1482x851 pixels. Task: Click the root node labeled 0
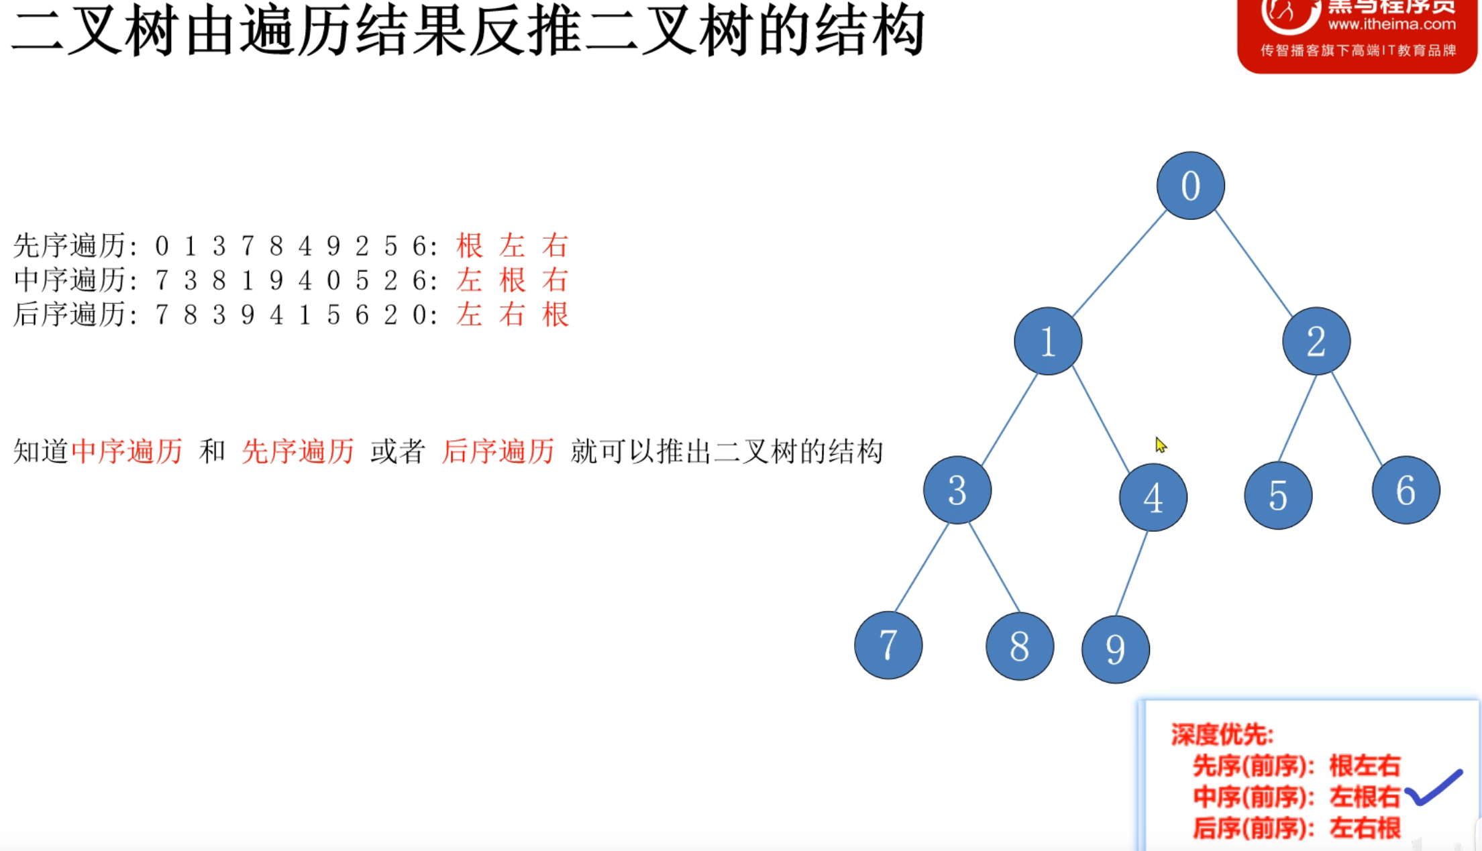(x=1190, y=186)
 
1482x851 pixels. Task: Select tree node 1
(x=1048, y=341)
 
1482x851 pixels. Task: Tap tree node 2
(x=1316, y=341)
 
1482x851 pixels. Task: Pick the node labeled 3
(x=957, y=490)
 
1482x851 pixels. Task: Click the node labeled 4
(x=1153, y=498)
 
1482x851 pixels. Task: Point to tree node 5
(x=1278, y=496)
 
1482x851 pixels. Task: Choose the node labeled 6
(x=1406, y=490)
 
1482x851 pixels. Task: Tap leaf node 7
(x=888, y=645)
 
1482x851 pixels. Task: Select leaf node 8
(x=1019, y=646)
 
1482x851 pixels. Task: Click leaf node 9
(x=1115, y=649)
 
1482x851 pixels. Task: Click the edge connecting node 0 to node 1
(x=1119, y=264)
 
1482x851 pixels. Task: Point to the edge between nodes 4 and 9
(x=1132, y=573)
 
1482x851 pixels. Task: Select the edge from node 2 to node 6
(x=1357, y=419)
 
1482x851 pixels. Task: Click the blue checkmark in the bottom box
(x=1434, y=787)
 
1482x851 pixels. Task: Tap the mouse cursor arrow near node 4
(x=1161, y=445)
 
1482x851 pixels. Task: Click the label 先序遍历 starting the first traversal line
(x=69, y=246)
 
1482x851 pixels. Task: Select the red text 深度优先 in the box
(x=1221, y=735)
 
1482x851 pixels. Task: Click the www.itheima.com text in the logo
(x=1391, y=25)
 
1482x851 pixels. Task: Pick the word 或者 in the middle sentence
(x=398, y=451)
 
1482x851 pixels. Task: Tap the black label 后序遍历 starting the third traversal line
(x=69, y=315)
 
